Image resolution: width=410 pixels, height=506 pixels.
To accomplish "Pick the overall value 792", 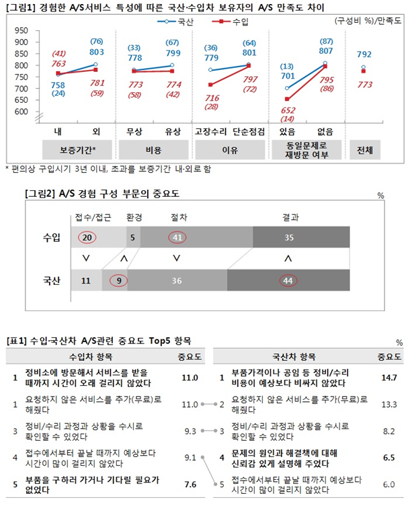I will pos(365,54).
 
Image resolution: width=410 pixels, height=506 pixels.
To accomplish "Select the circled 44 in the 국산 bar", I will pos(288,281).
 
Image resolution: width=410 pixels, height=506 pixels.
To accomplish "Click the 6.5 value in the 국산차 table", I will pos(388,457).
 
